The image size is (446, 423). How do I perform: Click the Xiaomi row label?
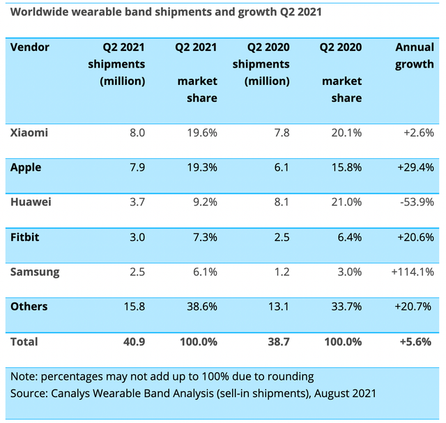(x=29, y=132)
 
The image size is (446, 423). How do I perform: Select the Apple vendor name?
(x=26, y=167)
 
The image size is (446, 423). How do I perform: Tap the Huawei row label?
(x=31, y=202)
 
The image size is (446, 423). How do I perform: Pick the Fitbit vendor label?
(x=25, y=237)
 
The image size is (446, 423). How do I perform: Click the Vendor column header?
(x=30, y=47)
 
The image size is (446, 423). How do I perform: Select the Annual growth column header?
(x=414, y=56)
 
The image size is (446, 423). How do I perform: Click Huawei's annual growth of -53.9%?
(x=415, y=202)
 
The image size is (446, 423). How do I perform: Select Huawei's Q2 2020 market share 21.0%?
(x=345, y=202)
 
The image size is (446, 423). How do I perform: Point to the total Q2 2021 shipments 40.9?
(x=133, y=341)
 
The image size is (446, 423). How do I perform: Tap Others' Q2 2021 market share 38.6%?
(x=201, y=307)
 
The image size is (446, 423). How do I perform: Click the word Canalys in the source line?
(x=71, y=393)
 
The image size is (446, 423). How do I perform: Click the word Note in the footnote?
(x=23, y=376)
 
